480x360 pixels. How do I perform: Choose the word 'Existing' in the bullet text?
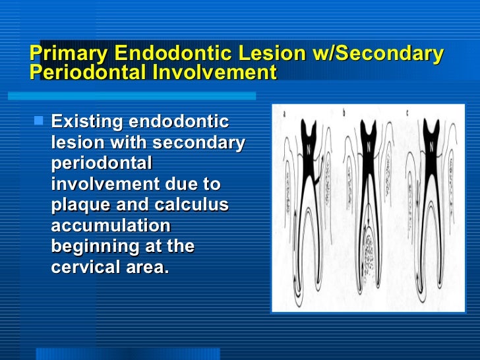coord(87,122)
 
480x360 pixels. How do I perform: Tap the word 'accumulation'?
coord(111,225)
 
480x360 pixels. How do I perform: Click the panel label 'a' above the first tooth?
coord(284,113)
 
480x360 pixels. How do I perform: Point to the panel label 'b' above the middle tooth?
coord(345,113)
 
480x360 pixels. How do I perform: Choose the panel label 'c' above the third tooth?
coord(407,113)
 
